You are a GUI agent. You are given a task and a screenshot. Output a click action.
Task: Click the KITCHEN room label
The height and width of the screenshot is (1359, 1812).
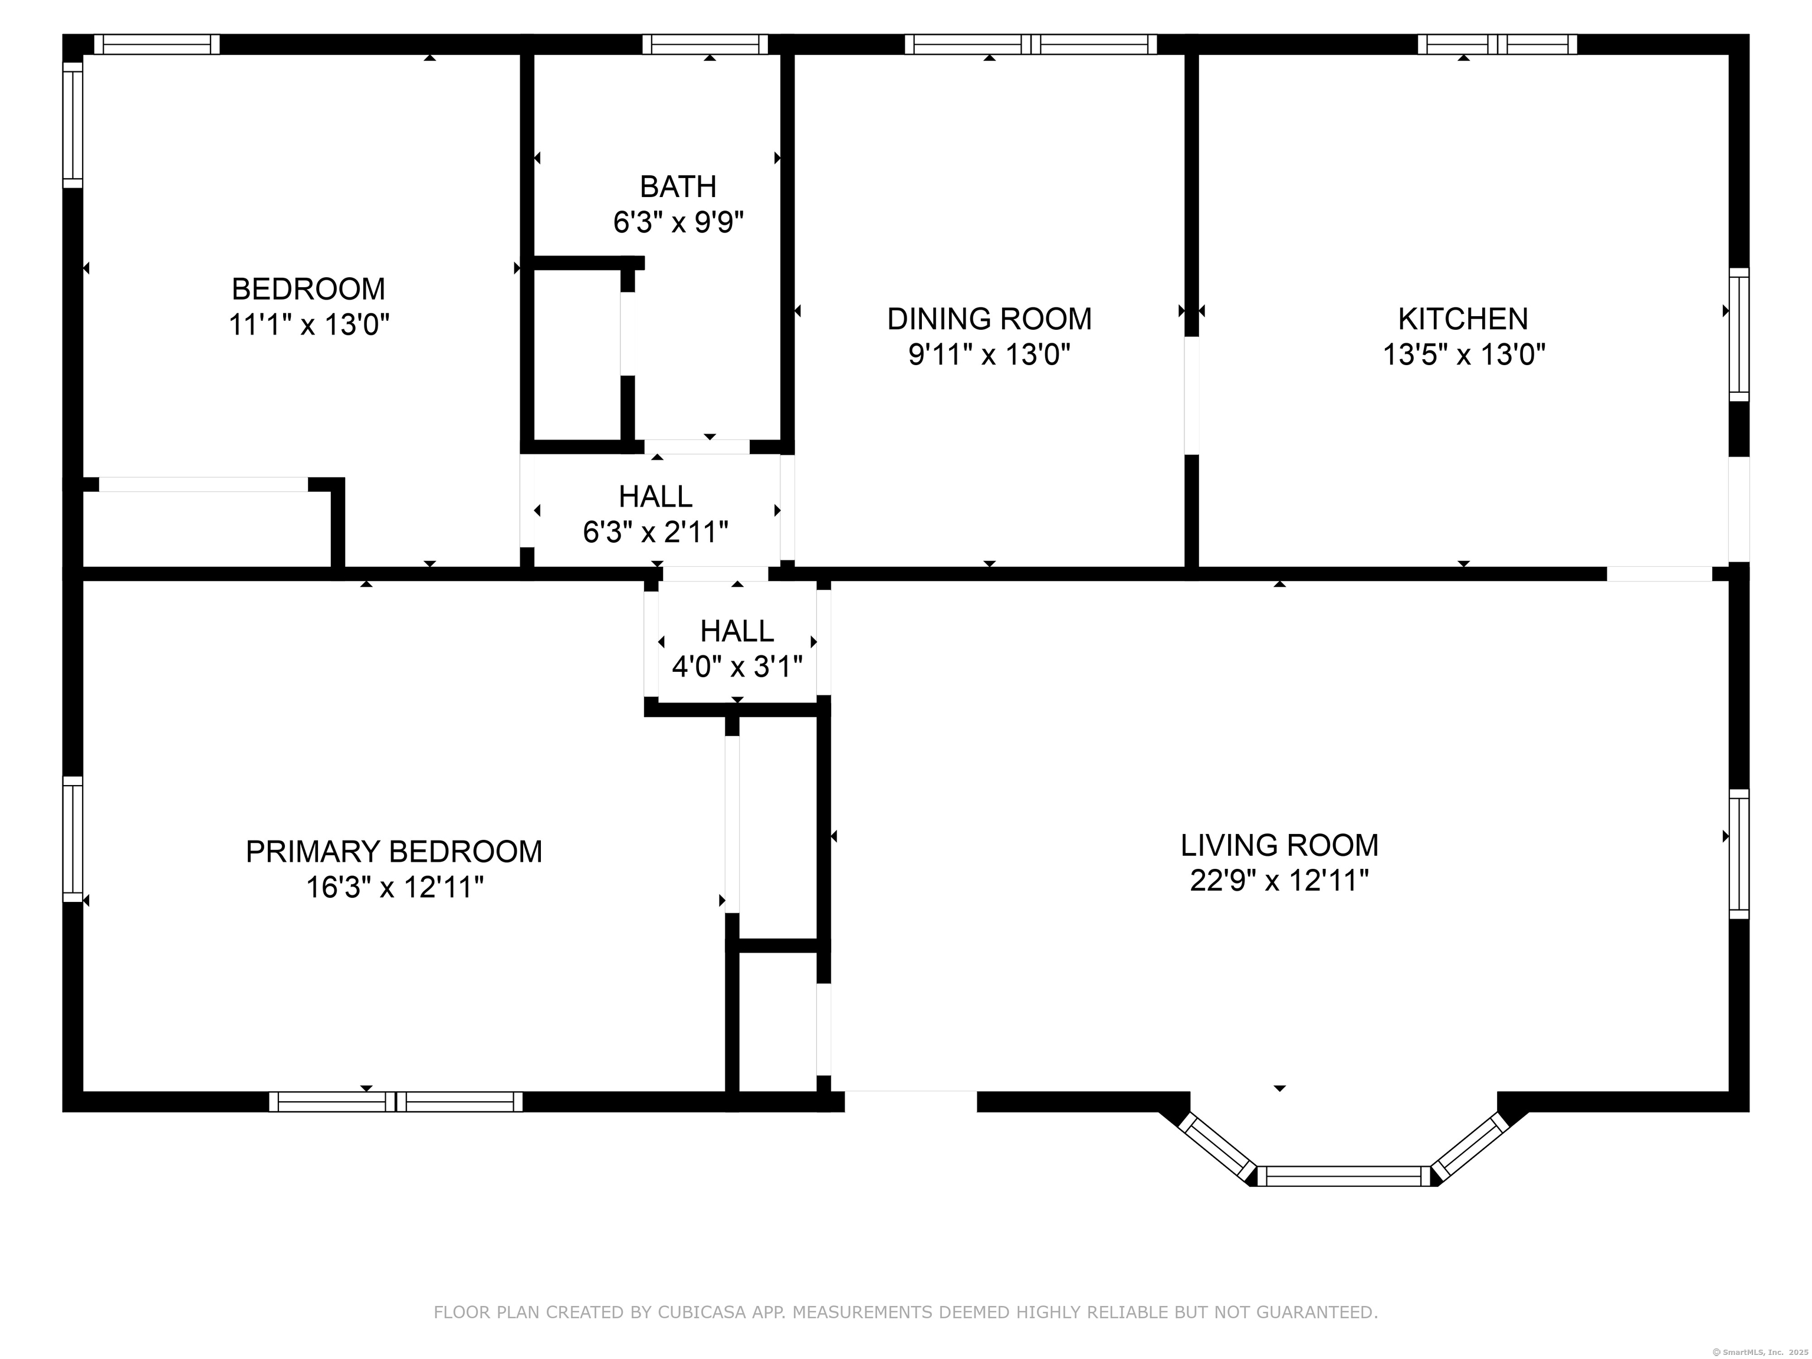coord(1463,319)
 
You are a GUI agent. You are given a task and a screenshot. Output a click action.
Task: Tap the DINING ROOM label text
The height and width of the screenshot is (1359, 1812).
coord(990,319)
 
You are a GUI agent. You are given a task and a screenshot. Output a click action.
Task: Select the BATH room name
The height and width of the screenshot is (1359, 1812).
coord(678,187)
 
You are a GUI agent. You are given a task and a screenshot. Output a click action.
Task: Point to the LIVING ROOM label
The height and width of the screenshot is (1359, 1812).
coord(1279,845)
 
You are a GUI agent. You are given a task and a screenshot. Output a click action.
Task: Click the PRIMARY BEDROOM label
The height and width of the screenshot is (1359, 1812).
coord(394,852)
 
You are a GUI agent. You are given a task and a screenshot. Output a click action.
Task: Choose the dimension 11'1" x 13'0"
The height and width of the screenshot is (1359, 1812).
coord(309,325)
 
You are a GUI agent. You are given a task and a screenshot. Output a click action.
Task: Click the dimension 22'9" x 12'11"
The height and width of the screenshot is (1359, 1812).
coord(1279,881)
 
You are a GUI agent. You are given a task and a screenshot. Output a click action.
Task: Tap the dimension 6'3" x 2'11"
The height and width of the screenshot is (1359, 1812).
coord(655,533)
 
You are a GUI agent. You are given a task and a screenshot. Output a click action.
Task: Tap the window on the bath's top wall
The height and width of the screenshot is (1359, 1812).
coord(705,44)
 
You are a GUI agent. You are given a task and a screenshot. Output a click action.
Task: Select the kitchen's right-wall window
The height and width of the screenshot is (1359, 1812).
coord(1739,334)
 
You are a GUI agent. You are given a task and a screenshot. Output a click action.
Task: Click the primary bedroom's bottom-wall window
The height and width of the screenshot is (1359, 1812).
coord(396,1102)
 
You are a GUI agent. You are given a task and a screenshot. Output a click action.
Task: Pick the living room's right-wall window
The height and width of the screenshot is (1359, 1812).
coord(1739,854)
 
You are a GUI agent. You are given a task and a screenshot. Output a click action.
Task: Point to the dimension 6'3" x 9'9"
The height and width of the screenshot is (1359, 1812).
coord(678,223)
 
